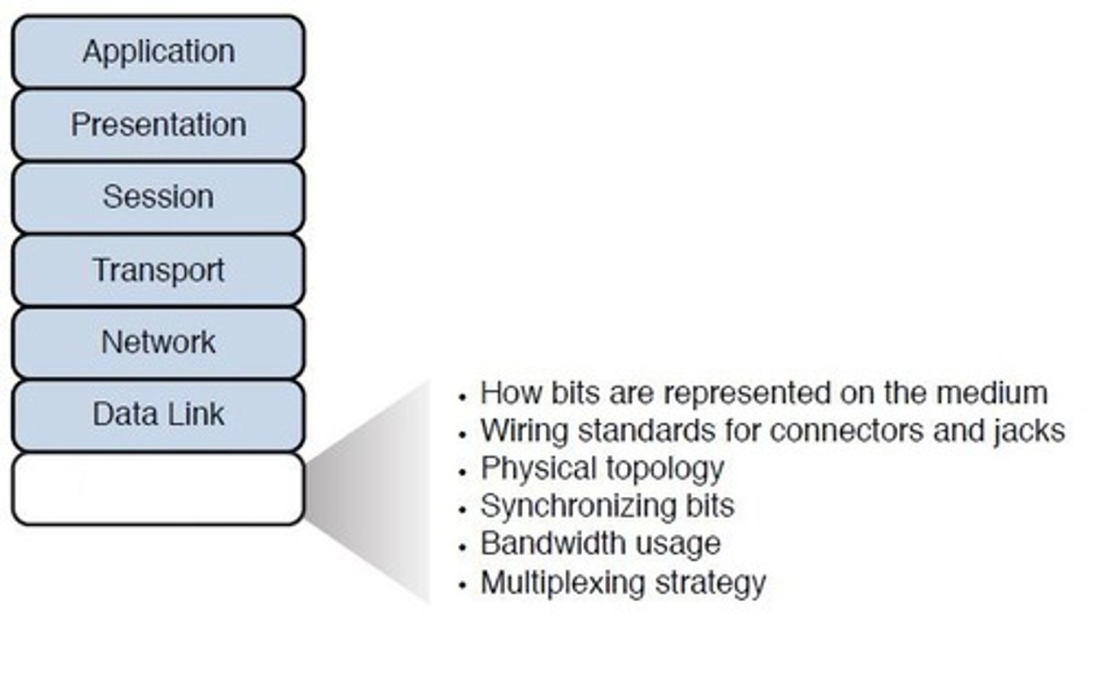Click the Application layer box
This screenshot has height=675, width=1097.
tap(158, 52)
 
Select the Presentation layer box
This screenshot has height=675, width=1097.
tap(158, 125)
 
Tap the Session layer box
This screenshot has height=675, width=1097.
tap(158, 197)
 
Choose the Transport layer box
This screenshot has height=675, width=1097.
tap(158, 270)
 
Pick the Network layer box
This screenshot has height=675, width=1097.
tap(158, 342)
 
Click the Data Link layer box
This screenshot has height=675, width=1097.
tap(158, 415)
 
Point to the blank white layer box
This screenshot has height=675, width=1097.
tap(158, 489)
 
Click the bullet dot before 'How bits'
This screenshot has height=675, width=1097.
tap(462, 397)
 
